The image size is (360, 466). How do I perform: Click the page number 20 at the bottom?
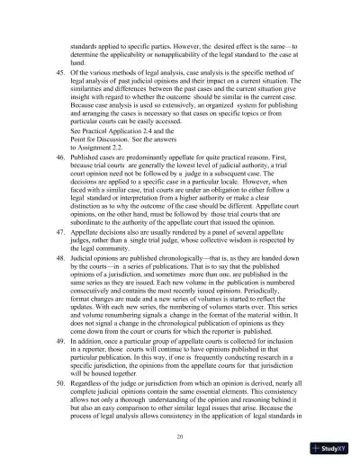[180, 435]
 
